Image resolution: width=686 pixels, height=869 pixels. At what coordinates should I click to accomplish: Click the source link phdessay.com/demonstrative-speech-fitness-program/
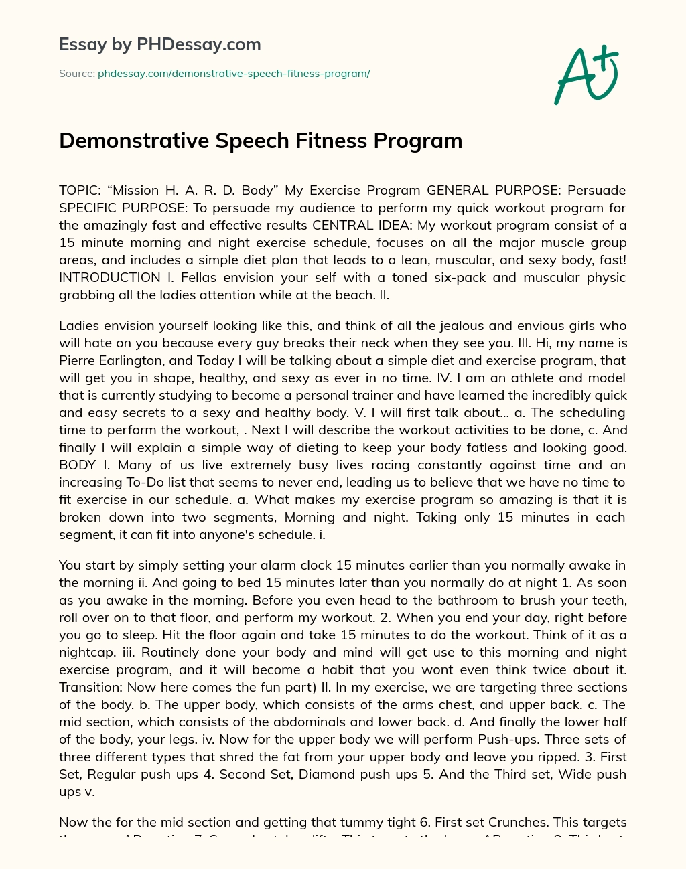[x=234, y=74]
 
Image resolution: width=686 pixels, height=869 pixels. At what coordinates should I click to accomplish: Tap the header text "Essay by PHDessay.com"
[x=159, y=44]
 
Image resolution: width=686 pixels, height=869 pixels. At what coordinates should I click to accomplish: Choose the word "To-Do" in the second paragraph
[x=147, y=482]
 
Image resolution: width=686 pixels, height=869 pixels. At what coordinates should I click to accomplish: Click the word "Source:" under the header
[x=76, y=74]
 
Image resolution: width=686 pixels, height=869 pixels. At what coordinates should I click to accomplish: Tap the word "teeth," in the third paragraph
[x=606, y=600]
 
